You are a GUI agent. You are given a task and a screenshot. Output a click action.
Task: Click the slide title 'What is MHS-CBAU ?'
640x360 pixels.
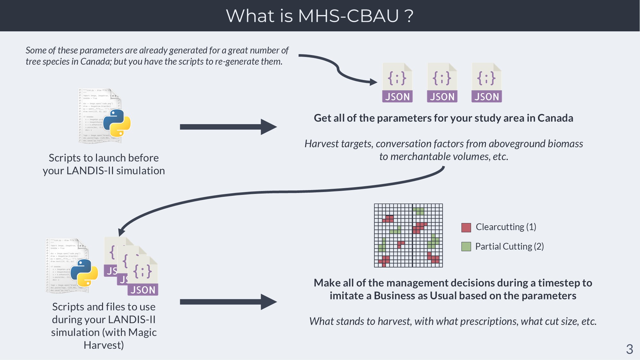pos(319,16)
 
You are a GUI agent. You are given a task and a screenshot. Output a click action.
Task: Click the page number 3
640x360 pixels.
pos(629,349)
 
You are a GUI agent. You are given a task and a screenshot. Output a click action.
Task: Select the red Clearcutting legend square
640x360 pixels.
pos(466,228)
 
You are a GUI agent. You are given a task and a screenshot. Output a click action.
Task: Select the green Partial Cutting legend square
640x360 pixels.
pos(466,247)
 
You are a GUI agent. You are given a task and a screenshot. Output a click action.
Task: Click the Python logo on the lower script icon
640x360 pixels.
pos(84,273)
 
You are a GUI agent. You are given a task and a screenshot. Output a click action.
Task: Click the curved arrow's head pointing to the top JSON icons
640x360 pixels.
pos(373,82)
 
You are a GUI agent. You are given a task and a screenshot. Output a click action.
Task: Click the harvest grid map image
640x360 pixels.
pos(408,236)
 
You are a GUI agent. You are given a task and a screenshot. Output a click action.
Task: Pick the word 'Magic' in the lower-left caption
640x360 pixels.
pos(142,332)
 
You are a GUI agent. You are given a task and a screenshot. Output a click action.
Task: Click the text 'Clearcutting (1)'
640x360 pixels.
pos(506,227)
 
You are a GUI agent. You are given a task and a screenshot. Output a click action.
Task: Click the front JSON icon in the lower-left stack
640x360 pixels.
pos(143,277)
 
